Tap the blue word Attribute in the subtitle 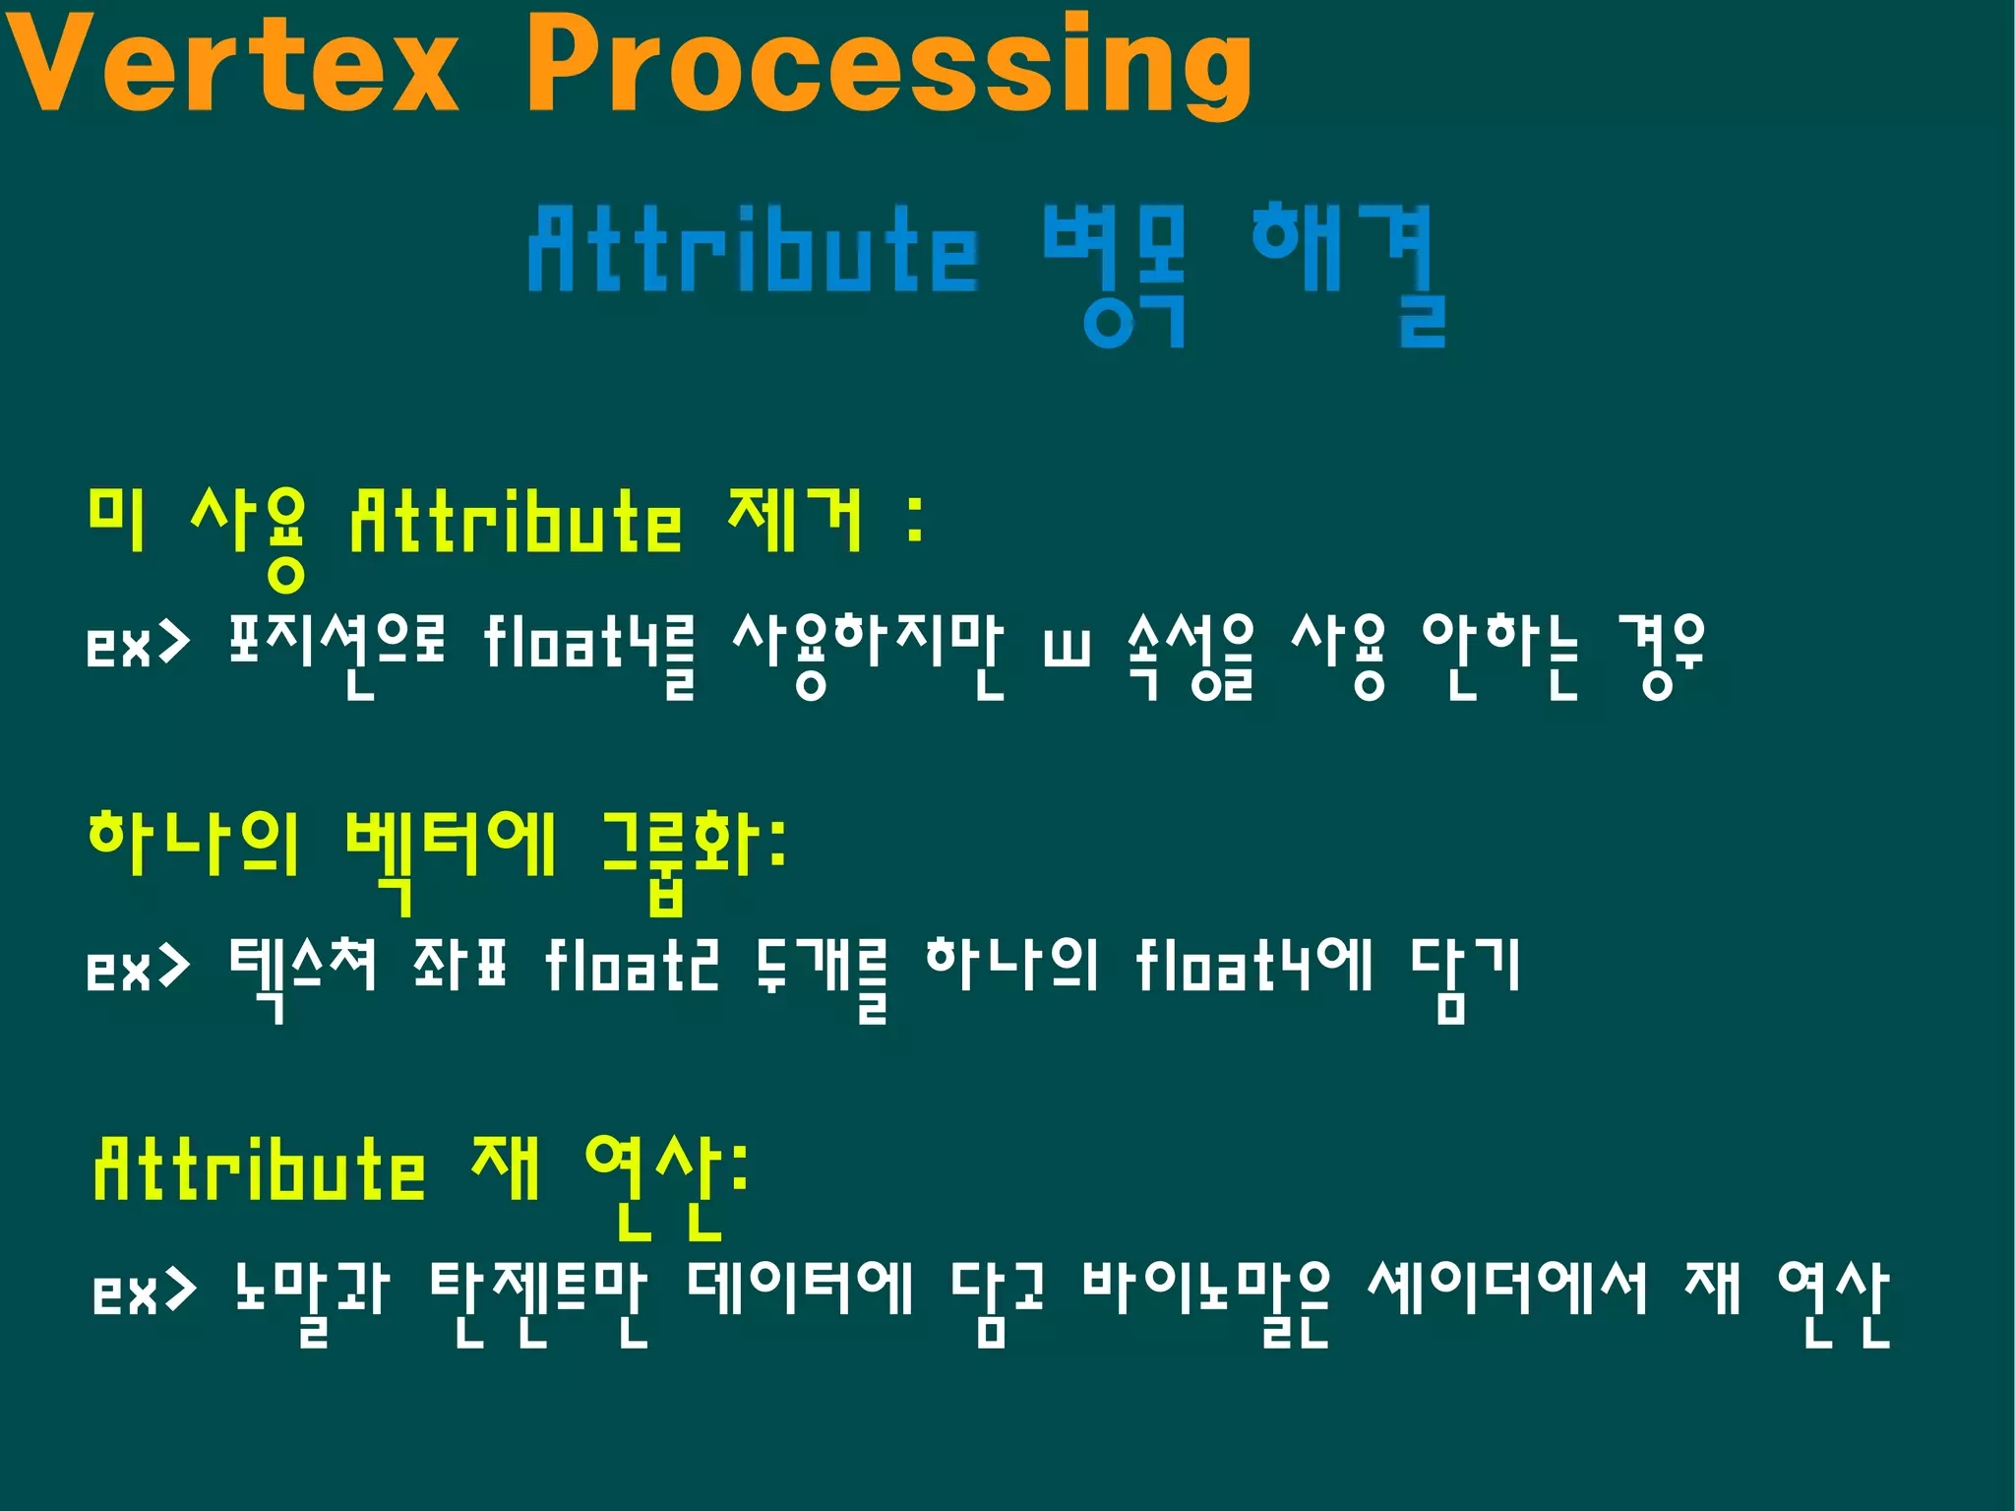pyautogui.click(x=754, y=251)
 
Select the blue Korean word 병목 pyautogui.click(x=1115, y=274)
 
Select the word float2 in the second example pyautogui.click(x=633, y=967)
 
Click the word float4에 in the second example pyautogui.click(x=1253, y=967)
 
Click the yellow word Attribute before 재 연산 pyautogui.click(x=260, y=1170)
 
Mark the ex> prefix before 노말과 pyautogui.click(x=144, y=1291)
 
